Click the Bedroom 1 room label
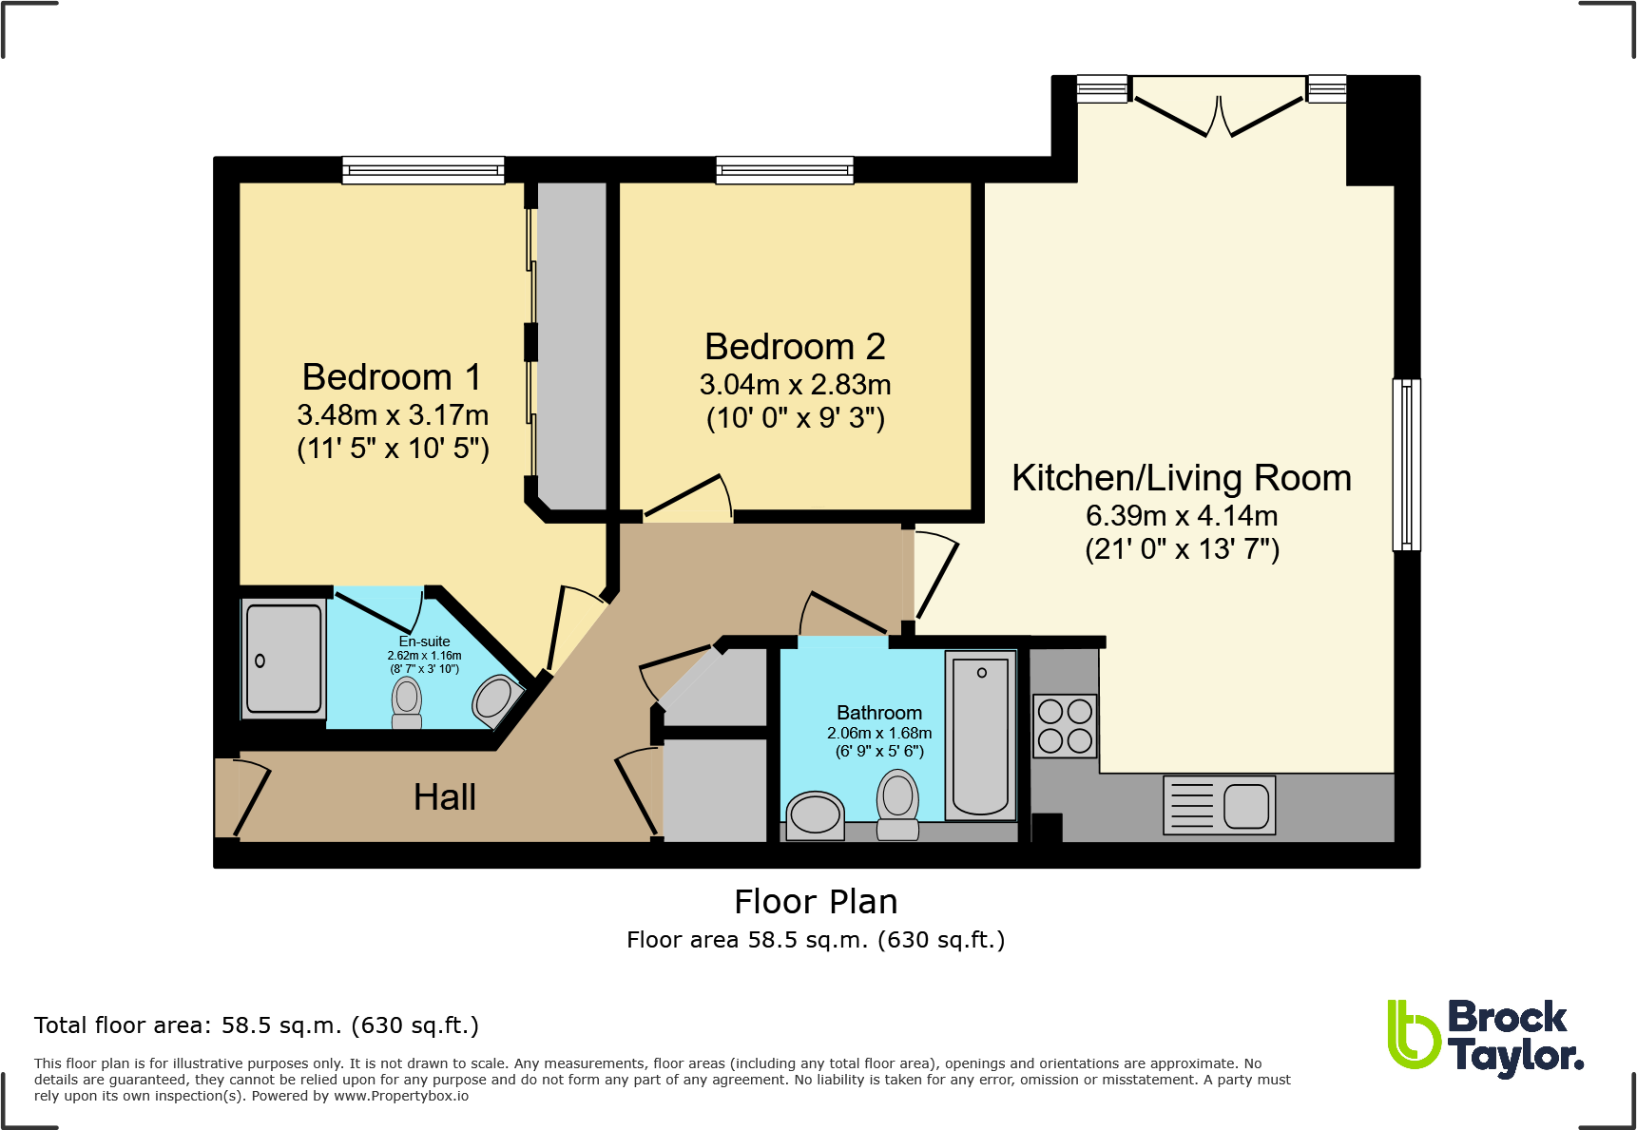point(392,377)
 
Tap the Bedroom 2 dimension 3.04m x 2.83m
point(796,385)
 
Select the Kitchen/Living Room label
point(1182,478)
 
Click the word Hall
point(445,797)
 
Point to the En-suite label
point(424,642)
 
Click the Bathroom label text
point(879,713)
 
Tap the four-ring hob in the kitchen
point(1065,725)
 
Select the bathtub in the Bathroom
point(980,736)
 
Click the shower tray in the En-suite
point(284,659)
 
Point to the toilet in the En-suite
point(407,703)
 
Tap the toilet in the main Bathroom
point(897,804)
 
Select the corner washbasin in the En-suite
point(497,700)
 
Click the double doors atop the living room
point(1218,106)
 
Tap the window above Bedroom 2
point(784,171)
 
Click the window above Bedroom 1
point(423,171)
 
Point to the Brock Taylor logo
point(1485,1039)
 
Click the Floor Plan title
point(816,902)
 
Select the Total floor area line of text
point(257,1025)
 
